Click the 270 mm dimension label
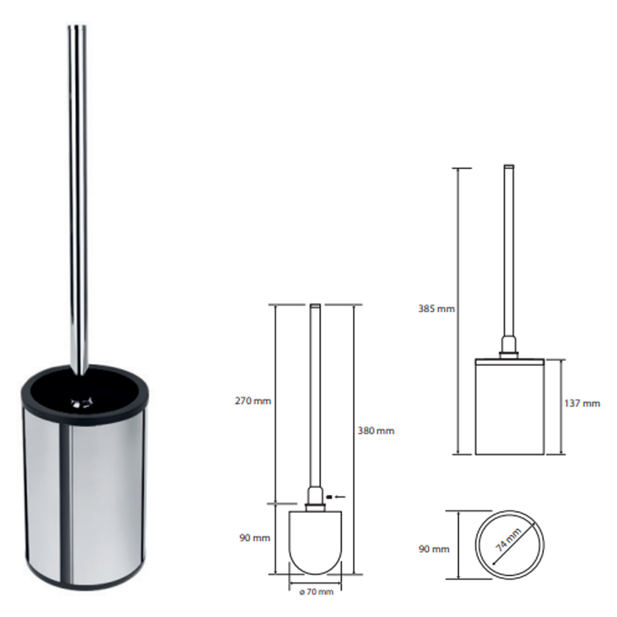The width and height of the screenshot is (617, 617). (x=253, y=401)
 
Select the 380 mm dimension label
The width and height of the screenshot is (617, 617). (x=376, y=431)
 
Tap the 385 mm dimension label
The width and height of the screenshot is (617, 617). (x=437, y=309)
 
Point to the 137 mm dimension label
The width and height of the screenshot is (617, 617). (x=582, y=403)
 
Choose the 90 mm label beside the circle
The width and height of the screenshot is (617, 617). (x=434, y=549)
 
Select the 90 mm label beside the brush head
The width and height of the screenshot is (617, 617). (x=255, y=538)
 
